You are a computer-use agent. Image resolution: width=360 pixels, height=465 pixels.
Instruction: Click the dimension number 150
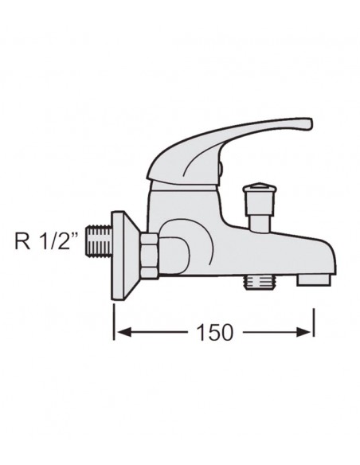tap(214, 332)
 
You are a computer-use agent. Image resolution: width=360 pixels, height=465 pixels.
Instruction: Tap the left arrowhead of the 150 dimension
tap(119, 332)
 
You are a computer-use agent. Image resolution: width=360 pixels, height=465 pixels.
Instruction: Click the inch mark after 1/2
tap(78, 232)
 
